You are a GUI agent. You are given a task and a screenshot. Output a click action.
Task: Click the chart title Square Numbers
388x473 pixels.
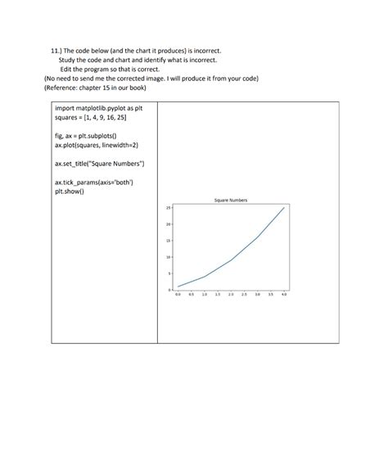pos(231,200)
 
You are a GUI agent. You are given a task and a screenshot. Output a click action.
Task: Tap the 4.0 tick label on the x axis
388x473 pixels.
pos(284,295)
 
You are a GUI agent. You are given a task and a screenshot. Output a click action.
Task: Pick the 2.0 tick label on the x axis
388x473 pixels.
pos(231,295)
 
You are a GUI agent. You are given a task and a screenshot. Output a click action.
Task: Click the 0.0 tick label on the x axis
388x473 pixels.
pos(178,295)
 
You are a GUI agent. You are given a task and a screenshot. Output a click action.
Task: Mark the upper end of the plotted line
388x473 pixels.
pos(284,208)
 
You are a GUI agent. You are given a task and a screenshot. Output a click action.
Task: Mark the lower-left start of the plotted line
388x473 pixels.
pos(178,286)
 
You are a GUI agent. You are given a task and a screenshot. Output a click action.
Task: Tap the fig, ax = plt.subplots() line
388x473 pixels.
pos(86,136)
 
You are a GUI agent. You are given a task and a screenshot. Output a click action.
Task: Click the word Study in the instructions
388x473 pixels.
pos(67,60)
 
